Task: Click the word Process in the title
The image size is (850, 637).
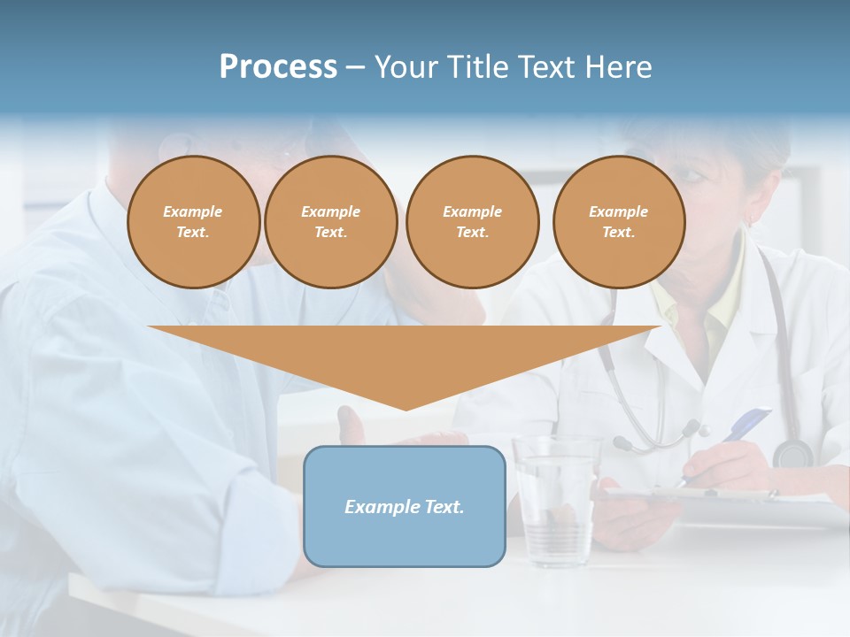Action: (278, 67)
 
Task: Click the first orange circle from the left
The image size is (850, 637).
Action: (193, 222)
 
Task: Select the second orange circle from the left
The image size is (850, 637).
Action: (330, 222)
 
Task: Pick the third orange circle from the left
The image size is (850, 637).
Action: (472, 222)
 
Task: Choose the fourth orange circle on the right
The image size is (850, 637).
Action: (618, 222)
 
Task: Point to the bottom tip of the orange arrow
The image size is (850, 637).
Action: (406, 410)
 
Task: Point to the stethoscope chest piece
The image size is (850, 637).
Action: (792, 454)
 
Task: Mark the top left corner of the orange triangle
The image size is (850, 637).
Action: (149, 326)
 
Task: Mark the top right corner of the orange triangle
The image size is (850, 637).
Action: (661, 326)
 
